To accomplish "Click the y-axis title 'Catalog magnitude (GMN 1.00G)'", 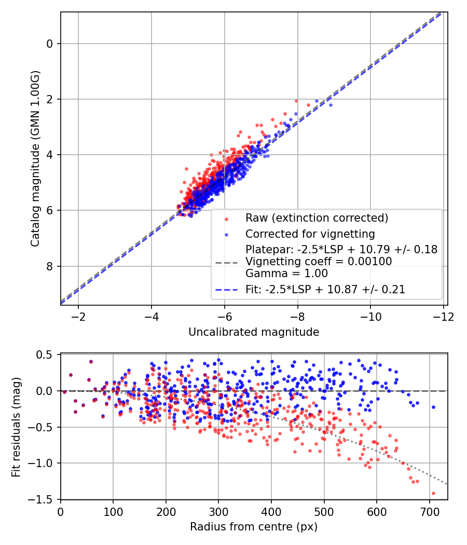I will click(35, 159).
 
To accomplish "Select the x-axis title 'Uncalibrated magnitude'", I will click(254, 332).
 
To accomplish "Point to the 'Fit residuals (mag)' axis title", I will click(16, 427).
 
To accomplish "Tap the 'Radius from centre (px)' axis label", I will click(254, 527).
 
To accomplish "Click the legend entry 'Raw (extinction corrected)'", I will click(317, 217).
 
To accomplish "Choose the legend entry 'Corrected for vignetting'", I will click(310, 234).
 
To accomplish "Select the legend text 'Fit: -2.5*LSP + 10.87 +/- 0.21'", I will click(325, 290).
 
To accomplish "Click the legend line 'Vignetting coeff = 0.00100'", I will click(319, 262).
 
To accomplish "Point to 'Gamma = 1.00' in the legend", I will click(286, 274).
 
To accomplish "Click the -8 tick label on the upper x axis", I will click(298, 317).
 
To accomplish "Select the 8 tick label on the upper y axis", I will click(50, 266).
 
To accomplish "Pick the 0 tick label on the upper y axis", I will click(50, 44).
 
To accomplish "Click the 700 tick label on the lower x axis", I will click(430, 512).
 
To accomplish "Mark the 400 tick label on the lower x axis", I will click(271, 512).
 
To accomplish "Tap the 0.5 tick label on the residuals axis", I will click(46, 355).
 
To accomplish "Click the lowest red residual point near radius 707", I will click(433, 493).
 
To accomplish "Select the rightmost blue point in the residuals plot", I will click(433, 407).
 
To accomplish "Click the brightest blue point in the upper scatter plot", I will click(331, 105).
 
